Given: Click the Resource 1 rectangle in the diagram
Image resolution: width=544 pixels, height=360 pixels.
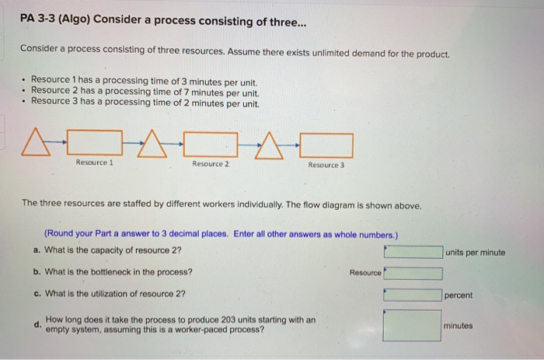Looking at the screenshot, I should click(x=96, y=144).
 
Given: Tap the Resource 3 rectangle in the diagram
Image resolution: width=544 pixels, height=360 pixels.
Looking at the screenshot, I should click(x=326, y=145).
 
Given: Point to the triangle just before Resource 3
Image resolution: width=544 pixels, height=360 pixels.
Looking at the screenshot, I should click(x=270, y=144).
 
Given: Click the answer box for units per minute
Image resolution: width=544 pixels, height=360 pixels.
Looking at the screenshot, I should click(x=413, y=252).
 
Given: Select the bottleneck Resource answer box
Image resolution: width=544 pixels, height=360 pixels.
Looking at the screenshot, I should click(x=413, y=273).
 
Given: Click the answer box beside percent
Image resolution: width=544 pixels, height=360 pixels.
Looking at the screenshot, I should click(x=413, y=295).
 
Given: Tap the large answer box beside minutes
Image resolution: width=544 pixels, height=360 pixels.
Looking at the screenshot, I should click(x=413, y=325).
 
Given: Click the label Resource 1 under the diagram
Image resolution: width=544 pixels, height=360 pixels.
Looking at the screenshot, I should click(x=95, y=163).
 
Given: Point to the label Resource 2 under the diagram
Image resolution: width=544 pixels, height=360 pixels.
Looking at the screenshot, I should click(x=210, y=164).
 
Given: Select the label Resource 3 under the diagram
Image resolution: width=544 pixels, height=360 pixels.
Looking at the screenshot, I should click(x=326, y=165).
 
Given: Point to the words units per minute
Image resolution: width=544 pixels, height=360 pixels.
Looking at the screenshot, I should click(x=476, y=252).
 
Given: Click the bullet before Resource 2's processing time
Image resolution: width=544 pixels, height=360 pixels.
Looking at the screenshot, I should click(x=25, y=92).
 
